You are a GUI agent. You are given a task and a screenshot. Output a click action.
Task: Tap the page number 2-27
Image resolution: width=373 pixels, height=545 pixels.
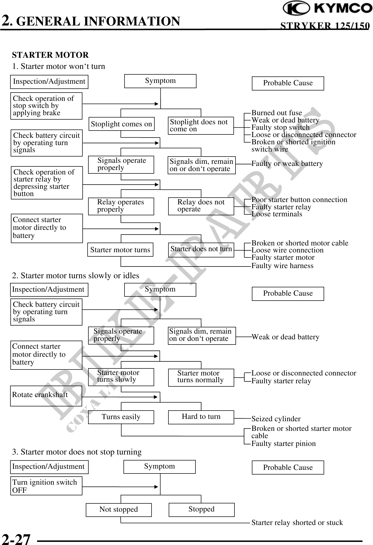[x=16, y=538]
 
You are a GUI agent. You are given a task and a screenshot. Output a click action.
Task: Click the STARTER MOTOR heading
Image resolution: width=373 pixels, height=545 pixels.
[x=50, y=55]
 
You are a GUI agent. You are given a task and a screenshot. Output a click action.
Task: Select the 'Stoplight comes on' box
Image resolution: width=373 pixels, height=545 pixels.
[x=121, y=124]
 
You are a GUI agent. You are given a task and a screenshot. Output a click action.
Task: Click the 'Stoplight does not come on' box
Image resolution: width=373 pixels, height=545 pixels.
[x=201, y=126]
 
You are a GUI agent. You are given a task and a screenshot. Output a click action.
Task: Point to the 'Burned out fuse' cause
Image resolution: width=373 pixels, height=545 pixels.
[x=277, y=113]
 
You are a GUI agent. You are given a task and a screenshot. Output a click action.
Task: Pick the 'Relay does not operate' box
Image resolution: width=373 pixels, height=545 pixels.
[x=201, y=206]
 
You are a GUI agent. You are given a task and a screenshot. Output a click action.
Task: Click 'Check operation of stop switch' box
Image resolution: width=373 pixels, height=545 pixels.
[x=46, y=106]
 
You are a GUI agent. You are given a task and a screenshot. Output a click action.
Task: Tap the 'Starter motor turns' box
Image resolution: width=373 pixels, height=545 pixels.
[x=120, y=250]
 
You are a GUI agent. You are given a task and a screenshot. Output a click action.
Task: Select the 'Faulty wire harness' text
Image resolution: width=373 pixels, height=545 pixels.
[x=282, y=266]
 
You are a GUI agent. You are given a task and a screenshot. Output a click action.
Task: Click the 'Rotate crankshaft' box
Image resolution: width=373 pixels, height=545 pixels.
[x=46, y=396]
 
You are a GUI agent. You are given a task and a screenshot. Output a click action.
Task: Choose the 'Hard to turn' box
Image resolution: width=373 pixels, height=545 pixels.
[x=201, y=417]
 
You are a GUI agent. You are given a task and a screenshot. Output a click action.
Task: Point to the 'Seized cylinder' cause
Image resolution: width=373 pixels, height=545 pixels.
[x=276, y=419]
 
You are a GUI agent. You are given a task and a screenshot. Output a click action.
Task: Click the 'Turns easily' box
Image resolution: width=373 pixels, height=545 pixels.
[x=121, y=417]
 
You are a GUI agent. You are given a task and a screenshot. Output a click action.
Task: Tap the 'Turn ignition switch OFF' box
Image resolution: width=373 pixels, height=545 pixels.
[x=46, y=486]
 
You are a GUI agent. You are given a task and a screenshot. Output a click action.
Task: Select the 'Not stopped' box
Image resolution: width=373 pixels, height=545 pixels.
[x=119, y=510]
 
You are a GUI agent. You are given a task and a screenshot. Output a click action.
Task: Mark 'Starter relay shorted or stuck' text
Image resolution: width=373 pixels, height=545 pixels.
[x=297, y=523]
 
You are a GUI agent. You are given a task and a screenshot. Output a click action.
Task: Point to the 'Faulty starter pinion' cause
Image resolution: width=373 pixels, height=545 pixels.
[x=283, y=444]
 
